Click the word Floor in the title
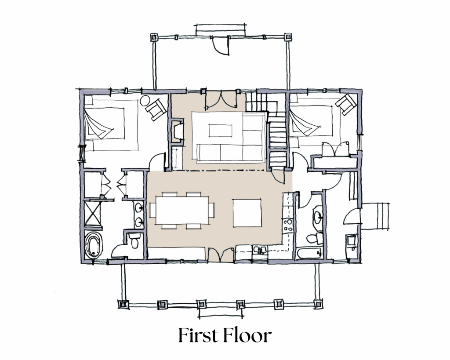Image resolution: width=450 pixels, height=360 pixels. [247, 335]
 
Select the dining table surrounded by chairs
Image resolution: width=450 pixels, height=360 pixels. [182, 210]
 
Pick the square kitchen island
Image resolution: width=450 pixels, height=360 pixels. [247, 213]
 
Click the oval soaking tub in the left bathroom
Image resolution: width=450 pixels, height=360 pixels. [94, 245]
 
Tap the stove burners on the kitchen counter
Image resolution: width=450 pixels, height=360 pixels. [287, 225]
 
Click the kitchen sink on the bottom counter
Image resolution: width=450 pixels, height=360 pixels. [260, 251]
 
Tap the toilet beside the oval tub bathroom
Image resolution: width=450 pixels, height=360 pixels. [134, 240]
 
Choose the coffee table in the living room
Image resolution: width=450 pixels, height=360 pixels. [221, 131]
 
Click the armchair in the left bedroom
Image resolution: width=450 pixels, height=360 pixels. [156, 109]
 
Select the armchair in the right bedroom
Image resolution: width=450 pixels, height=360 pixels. [346, 104]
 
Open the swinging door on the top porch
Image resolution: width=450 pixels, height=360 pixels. [221, 46]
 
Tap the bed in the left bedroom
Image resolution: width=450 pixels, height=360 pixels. [111, 125]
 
